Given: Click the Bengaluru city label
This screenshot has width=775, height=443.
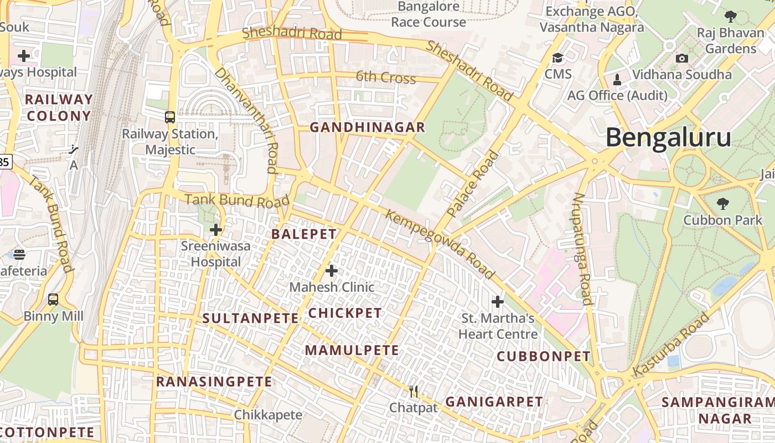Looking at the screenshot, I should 668,137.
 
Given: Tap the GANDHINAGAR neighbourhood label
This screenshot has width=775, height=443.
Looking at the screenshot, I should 367,127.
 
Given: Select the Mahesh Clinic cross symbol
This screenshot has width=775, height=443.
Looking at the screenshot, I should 332,271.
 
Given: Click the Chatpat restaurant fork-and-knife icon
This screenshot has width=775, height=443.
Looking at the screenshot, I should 414,392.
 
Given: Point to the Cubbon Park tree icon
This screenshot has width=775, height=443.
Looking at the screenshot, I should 722,204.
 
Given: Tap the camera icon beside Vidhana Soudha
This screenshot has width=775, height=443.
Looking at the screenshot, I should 682,58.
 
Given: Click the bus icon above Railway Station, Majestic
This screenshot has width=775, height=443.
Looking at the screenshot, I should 170,117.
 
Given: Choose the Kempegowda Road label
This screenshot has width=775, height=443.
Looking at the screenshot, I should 440,244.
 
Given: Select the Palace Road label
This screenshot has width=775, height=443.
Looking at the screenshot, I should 473,183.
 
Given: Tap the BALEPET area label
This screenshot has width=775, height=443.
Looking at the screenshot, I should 304,234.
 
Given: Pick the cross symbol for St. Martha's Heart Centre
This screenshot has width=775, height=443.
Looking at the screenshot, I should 498,302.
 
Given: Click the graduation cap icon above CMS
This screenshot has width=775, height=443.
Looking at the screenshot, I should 557,58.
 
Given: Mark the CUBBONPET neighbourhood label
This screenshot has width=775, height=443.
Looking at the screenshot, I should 544,356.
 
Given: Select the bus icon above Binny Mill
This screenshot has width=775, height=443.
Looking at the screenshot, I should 53,300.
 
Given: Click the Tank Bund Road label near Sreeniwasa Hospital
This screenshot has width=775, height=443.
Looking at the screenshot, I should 237,200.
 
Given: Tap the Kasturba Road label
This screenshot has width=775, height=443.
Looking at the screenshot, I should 671,344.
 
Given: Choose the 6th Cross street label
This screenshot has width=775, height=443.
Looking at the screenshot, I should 385,77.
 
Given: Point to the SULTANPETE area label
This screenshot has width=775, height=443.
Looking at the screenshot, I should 250,318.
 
